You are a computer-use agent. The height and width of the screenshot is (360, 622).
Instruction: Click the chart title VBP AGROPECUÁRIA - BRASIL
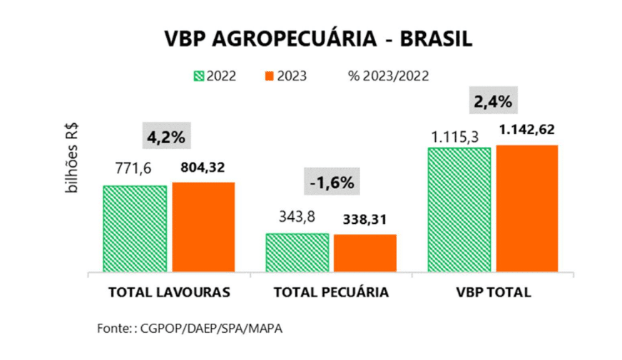coord(310,38)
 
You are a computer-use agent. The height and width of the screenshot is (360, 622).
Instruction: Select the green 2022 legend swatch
coord(199,76)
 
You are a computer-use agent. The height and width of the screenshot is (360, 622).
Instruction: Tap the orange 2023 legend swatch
coord(270,76)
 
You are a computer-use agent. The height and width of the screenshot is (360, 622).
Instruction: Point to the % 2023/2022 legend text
coord(388,76)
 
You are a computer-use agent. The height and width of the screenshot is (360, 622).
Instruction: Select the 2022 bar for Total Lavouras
coord(135,228)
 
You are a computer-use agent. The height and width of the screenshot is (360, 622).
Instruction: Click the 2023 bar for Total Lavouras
coord(203,227)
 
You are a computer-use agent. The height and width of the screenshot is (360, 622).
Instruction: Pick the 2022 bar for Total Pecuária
coord(297,252)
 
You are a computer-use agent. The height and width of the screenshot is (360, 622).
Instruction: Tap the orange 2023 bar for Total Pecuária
coord(365,253)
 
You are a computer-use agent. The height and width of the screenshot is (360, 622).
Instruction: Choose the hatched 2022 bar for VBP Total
coord(459,210)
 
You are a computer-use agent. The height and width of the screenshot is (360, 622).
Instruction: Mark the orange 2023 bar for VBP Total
coord(527,208)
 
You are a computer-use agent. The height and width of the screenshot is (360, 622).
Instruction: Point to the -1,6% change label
coord(332,182)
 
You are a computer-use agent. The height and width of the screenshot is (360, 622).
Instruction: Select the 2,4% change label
coord(493,101)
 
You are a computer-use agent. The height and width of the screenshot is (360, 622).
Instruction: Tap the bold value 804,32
coord(203,169)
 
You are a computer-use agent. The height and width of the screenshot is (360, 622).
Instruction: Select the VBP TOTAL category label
coord(494,292)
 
